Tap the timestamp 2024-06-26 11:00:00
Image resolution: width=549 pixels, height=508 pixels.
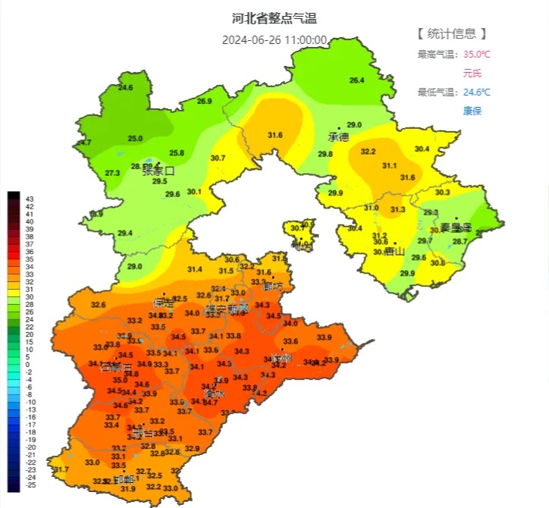(274, 40)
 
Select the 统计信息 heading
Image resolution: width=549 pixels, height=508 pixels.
(451, 33)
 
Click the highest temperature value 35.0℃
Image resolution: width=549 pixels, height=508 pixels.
(477, 54)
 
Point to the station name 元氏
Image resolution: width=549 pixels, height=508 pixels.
(472, 74)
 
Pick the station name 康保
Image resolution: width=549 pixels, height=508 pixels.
(472, 111)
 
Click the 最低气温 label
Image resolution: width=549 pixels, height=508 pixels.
(435, 93)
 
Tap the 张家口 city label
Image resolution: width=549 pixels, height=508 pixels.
(158, 171)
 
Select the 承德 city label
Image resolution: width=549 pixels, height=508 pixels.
(337, 137)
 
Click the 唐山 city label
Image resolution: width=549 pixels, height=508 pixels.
(394, 251)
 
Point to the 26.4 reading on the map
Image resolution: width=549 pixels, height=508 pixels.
(356, 80)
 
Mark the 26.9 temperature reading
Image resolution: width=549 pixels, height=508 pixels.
(204, 102)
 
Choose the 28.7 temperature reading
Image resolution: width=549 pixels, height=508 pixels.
(460, 241)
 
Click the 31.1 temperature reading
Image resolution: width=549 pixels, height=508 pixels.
(389, 165)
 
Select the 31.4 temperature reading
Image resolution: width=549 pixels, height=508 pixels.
(195, 269)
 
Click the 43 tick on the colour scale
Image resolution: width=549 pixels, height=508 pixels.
(30, 199)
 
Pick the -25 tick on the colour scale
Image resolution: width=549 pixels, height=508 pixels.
(30, 484)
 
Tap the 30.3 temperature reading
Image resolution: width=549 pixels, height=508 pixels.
(442, 193)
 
